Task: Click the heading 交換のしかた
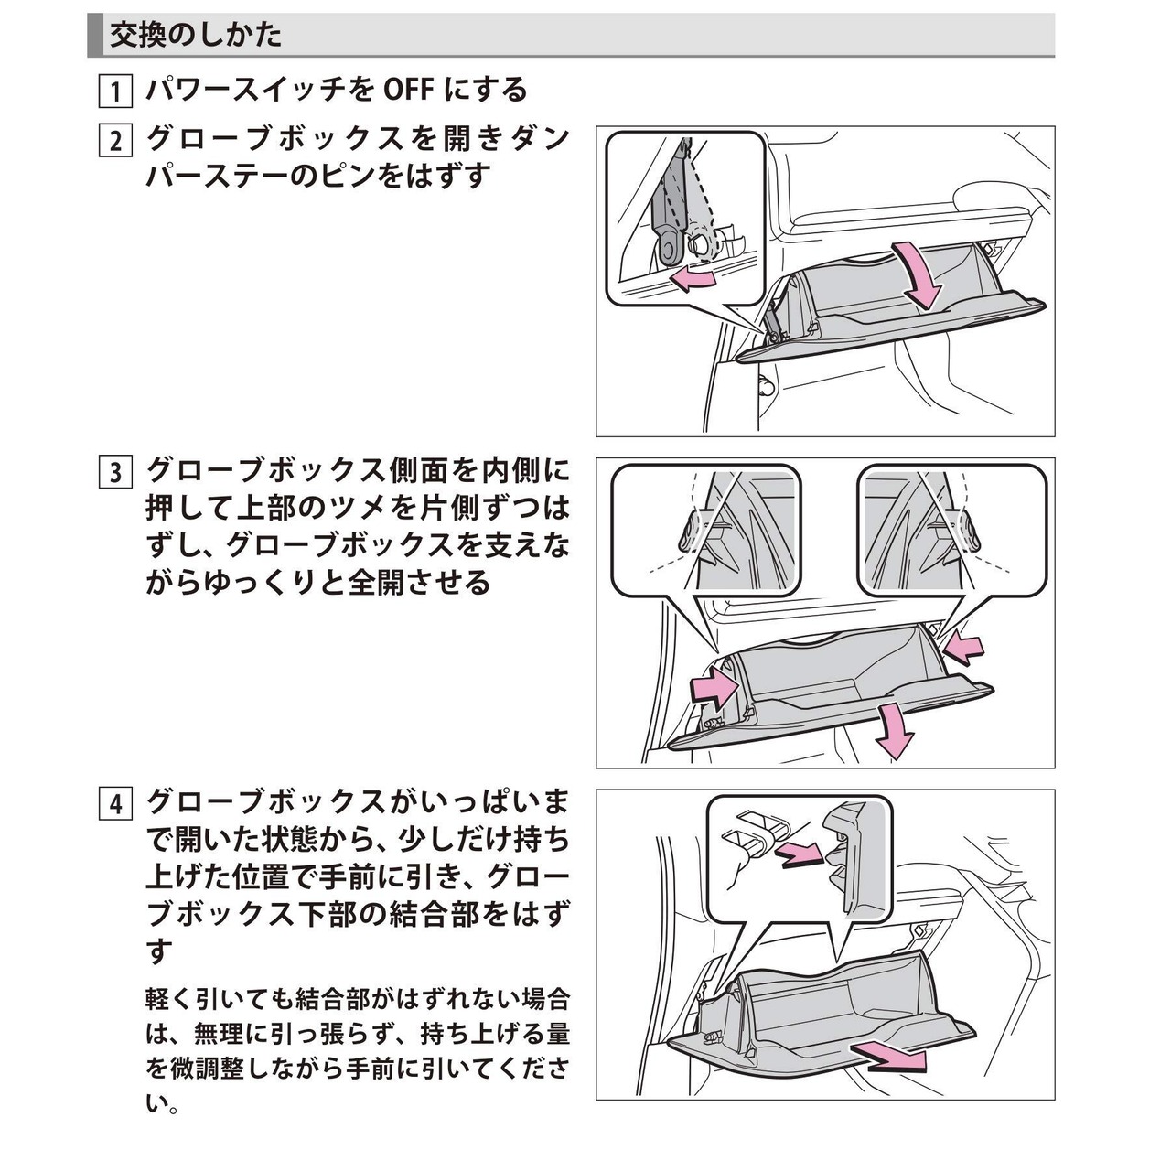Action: [x=195, y=36]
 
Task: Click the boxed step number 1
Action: [x=115, y=91]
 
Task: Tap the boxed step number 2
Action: [x=115, y=141]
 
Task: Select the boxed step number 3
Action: [x=115, y=472]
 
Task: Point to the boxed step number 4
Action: [x=115, y=804]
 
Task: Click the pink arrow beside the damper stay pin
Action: [x=692, y=280]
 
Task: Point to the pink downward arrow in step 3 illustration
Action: [x=895, y=728]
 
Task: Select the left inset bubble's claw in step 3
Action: [x=689, y=531]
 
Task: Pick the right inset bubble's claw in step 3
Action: [x=967, y=531]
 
